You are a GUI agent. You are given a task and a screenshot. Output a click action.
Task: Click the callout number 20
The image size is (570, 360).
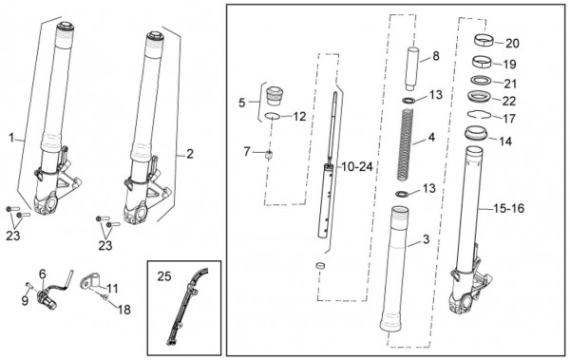click(x=513, y=44)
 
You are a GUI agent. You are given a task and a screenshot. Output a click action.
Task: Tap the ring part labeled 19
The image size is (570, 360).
click(x=482, y=61)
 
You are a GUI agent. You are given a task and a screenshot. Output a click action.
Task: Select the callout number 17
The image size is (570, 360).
click(x=509, y=118)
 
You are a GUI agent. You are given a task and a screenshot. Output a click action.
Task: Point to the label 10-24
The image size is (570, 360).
click(x=357, y=166)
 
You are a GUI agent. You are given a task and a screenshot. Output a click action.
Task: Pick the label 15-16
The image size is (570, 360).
click(x=509, y=208)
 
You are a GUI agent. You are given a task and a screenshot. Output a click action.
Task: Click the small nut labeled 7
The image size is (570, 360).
click(x=269, y=155)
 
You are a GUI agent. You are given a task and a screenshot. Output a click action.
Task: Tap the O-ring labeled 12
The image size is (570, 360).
click(x=273, y=116)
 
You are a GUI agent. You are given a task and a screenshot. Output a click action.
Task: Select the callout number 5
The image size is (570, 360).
click(x=242, y=103)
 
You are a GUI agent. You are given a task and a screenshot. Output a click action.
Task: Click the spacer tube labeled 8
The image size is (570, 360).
click(x=413, y=68)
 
